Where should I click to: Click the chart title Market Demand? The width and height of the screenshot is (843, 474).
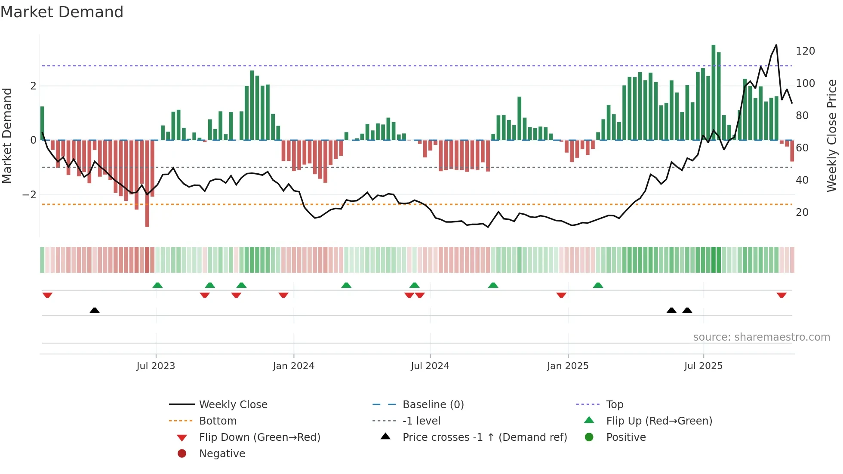(x=62, y=12)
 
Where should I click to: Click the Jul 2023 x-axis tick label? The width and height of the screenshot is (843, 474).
(x=156, y=366)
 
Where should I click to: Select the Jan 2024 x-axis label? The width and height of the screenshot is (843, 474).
(x=294, y=366)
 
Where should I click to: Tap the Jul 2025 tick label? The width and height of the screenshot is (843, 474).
(x=703, y=366)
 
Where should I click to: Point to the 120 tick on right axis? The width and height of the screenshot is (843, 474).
(x=805, y=51)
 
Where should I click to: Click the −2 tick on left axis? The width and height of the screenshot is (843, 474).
(x=29, y=195)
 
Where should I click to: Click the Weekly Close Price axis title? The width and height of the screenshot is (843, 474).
(x=832, y=135)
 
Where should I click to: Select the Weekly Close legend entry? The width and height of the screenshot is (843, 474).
(x=233, y=405)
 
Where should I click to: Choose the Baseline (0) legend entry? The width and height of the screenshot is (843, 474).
(x=433, y=405)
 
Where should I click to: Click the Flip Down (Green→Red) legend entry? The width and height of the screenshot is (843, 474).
(x=259, y=437)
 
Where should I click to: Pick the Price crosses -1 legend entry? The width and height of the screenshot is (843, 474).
(x=484, y=437)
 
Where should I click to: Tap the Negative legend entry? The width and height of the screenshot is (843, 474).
(x=222, y=454)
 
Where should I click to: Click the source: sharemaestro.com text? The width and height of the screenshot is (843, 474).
(x=761, y=337)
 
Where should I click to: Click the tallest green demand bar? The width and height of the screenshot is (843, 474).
(x=713, y=92)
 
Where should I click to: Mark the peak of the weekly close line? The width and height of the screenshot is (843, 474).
(x=776, y=45)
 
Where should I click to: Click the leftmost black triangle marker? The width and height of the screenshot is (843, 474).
(x=95, y=310)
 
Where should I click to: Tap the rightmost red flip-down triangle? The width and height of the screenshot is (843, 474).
(x=781, y=295)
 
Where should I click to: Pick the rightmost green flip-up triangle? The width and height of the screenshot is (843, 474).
(x=598, y=285)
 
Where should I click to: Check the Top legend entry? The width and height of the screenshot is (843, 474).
(x=614, y=405)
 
